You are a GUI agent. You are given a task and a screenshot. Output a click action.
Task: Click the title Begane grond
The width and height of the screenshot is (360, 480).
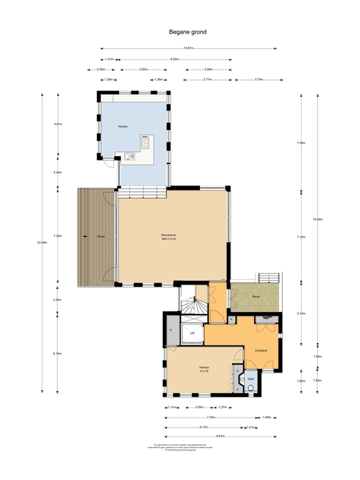(187, 32)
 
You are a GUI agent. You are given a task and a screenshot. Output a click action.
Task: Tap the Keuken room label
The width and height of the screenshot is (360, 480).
(123, 126)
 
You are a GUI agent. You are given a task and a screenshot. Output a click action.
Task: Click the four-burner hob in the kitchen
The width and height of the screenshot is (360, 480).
(146, 142)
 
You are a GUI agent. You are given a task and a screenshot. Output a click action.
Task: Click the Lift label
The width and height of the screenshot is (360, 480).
(192, 332)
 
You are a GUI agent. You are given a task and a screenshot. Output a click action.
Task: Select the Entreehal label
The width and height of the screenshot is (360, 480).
(260, 350)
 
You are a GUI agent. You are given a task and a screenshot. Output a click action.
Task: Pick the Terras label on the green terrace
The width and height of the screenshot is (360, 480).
(255, 296)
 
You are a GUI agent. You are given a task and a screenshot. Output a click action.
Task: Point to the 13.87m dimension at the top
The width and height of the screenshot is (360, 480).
(188, 48)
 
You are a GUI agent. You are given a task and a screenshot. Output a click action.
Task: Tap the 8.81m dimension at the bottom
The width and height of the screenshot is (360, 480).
(220, 436)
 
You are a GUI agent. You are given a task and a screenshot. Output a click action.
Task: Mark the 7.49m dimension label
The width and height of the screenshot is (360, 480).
(300, 143)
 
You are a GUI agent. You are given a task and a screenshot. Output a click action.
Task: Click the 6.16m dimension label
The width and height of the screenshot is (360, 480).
(58, 353)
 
